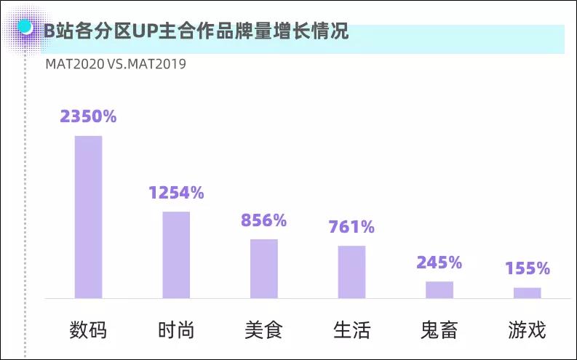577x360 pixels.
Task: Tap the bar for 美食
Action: click(264, 268)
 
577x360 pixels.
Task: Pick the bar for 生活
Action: click(351, 272)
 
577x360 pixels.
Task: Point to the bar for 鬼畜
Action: click(439, 289)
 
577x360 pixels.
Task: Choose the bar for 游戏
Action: click(528, 292)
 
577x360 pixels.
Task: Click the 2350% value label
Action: click(89, 116)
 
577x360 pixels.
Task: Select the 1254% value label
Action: click(176, 193)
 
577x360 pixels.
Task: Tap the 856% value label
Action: click(264, 220)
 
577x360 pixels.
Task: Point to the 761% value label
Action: click(351, 227)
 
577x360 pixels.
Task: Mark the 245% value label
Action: click(439, 263)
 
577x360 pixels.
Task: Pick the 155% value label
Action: click(528, 268)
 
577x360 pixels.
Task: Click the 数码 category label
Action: click(89, 330)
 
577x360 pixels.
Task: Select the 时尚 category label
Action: click(176, 330)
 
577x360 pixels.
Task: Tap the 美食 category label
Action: click(264, 330)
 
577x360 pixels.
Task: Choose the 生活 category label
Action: click(351, 330)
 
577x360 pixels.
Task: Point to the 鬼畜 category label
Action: click(439, 330)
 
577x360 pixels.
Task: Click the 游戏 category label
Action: click(528, 330)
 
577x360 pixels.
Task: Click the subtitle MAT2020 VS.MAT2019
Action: click(116, 64)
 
